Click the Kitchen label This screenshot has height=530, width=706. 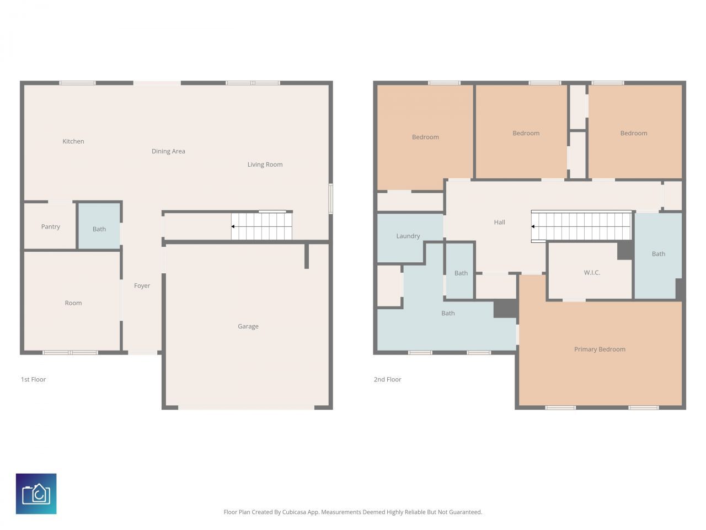click(x=73, y=141)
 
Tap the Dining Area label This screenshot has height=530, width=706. click(x=168, y=151)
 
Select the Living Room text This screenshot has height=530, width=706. click(x=265, y=165)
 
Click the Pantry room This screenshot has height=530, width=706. click(x=50, y=226)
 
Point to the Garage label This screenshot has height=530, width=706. click(x=248, y=326)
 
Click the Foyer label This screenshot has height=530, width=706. click(x=142, y=285)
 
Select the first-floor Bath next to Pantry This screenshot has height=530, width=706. click(x=99, y=229)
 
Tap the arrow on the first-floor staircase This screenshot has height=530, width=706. click(x=233, y=226)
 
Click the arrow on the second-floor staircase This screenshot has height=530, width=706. click(x=533, y=226)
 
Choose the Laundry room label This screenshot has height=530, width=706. click(x=408, y=236)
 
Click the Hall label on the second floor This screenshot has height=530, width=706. click(x=499, y=222)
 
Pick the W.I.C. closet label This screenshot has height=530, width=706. click(x=591, y=273)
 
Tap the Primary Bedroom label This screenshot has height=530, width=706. click(x=600, y=349)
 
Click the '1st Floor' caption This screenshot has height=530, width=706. click(x=33, y=379)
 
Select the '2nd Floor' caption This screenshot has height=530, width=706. click(x=387, y=379)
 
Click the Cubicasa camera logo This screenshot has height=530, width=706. click(x=36, y=494)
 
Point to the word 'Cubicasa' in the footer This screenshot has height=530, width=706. click(x=295, y=512)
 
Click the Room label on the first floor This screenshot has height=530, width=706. click(x=73, y=303)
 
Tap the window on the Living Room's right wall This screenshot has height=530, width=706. click(x=331, y=198)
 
